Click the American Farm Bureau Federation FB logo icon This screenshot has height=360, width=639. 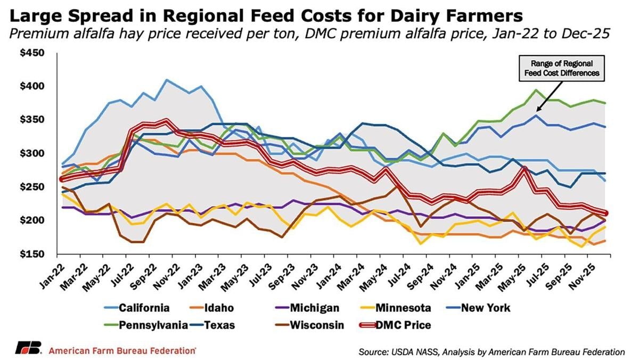[28, 350]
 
